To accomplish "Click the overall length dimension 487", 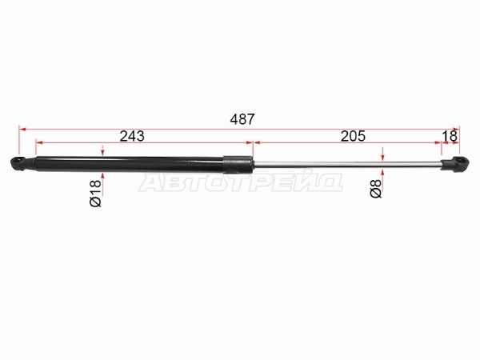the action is coord(242,119).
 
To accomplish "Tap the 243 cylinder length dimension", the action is coord(132,136).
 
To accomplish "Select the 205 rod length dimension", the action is coord(353,136).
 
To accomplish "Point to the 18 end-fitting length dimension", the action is coord(450,136).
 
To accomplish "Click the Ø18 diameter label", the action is coord(95,193).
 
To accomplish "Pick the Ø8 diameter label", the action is coord(376,189).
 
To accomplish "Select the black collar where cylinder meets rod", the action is coord(238,165).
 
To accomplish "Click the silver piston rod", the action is coord(347,165).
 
